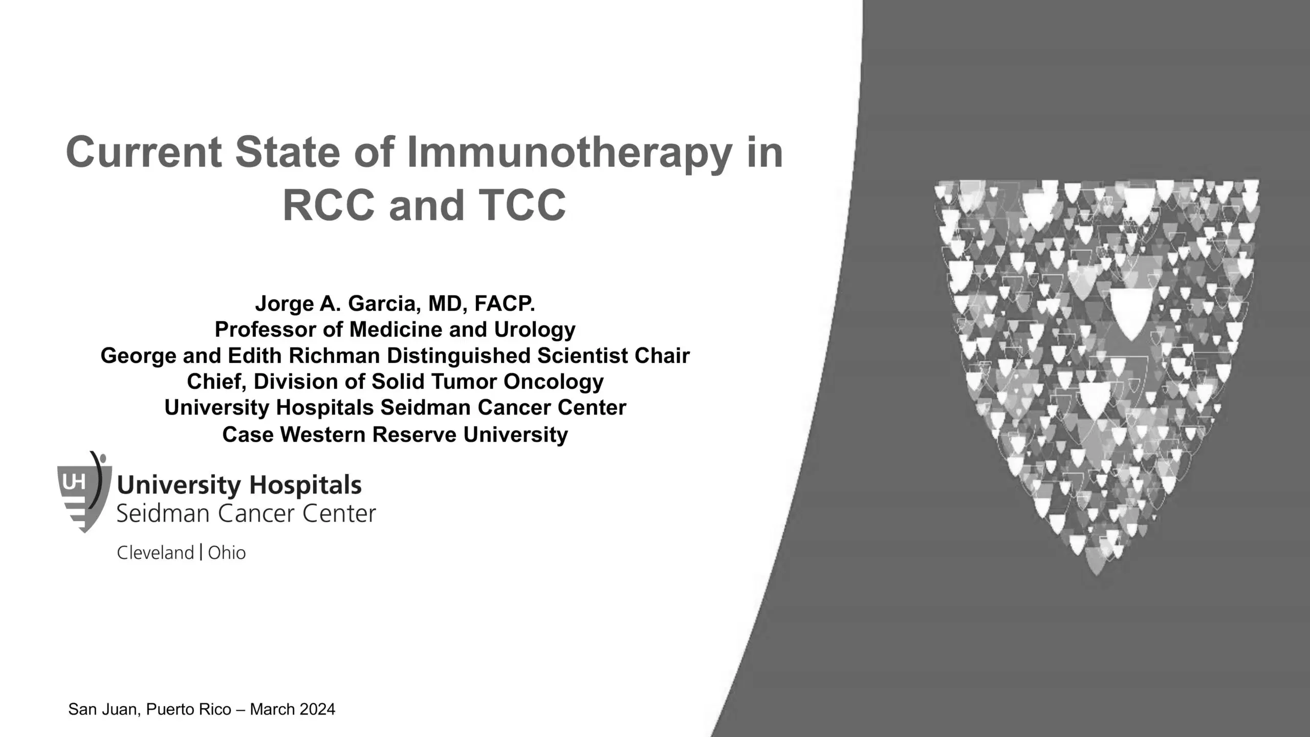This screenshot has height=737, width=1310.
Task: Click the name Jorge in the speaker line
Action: coord(284,304)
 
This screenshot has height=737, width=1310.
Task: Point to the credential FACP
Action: coord(505,304)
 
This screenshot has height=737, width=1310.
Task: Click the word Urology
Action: coord(534,330)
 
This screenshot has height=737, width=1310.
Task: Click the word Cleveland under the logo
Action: coord(155,553)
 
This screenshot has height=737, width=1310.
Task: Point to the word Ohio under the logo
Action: coord(227,553)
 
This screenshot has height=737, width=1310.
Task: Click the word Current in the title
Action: coord(144,153)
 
